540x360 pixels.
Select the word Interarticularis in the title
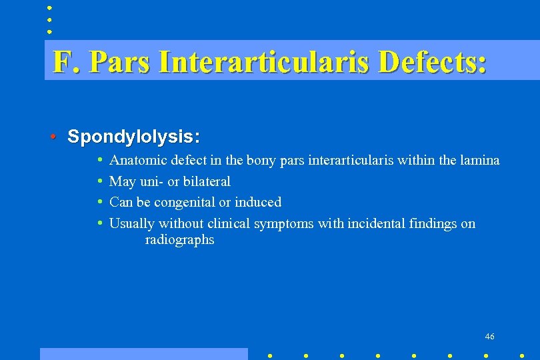click(x=265, y=62)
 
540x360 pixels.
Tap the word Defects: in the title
click(x=432, y=62)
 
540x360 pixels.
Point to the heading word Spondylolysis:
click(x=133, y=137)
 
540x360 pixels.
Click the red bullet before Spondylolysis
click(x=53, y=137)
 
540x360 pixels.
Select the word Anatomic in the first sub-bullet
click(x=138, y=160)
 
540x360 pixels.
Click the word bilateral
click(x=207, y=181)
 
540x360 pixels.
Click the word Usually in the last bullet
click(x=132, y=223)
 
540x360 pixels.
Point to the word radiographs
click(x=179, y=240)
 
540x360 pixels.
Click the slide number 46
click(x=490, y=337)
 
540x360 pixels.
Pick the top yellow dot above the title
click(x=49, y=8)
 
